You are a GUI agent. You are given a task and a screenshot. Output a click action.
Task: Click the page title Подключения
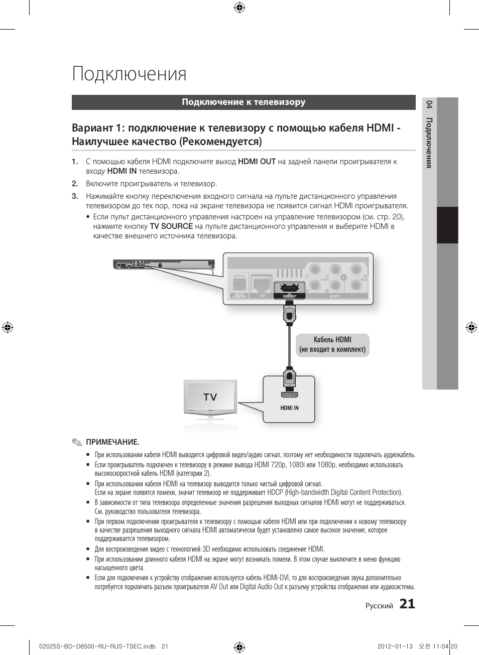129,74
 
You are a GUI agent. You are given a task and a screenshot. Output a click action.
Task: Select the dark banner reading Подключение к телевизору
244,102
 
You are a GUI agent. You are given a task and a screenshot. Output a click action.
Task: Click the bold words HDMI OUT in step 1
257,162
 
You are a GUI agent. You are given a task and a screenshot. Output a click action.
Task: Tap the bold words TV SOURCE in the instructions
171,226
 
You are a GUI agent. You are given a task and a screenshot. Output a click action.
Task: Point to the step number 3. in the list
75,196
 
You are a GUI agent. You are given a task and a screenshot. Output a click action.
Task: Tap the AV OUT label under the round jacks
334,296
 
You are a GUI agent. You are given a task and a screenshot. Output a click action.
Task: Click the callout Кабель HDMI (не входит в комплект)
332,345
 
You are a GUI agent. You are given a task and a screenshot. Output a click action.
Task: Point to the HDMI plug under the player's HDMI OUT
289,314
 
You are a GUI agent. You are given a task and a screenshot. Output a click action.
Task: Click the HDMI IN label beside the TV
289,408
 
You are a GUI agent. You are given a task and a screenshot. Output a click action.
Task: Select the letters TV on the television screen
210,397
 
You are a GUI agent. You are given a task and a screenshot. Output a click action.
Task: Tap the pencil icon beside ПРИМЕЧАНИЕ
76,442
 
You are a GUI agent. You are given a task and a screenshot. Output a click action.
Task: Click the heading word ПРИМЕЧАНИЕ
112,442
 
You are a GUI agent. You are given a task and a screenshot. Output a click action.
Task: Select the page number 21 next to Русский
407,604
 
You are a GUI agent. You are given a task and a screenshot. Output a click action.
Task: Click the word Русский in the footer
379,606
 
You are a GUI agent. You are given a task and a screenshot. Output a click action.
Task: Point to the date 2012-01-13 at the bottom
395,646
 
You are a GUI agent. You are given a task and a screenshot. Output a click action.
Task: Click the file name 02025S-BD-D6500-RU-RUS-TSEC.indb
97,646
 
